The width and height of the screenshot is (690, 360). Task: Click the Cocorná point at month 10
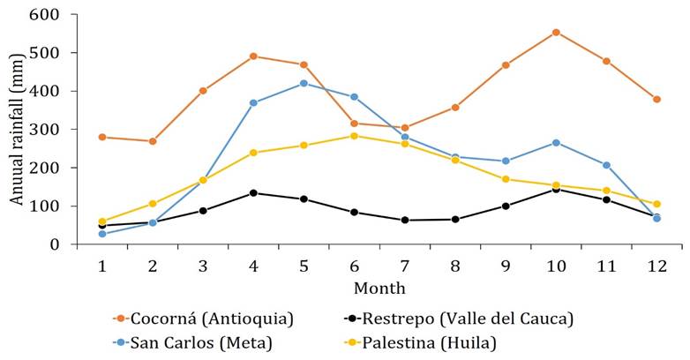tap(556, 33)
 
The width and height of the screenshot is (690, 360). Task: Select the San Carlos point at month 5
tap(304, 83)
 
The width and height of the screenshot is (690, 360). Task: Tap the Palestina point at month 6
tap(354, 136)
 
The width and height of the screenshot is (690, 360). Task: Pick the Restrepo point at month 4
tap(253, 192)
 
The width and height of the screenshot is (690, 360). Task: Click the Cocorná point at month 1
tap(102, 137)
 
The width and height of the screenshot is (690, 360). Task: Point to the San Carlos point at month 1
tap(102, 234)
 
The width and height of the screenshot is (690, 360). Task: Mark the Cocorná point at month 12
tap(656, 99)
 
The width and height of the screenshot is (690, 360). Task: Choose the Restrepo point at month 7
tap(404, 220)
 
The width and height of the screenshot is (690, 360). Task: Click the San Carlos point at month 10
tap(556, 142)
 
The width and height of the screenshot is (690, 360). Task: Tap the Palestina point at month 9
tap(506, 179)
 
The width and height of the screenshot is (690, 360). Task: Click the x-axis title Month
tap(379, 289)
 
